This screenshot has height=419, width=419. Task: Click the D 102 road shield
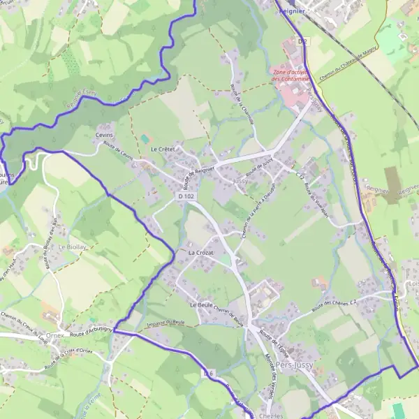pyautogui.click(x=185, y=197)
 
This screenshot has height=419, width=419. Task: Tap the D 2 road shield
pyautogui.click(x=302, y=42)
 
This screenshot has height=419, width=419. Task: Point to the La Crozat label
pyautogui.click(x=200, y=251)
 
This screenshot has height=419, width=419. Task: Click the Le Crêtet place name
pyautogui.click(x=162, y=149)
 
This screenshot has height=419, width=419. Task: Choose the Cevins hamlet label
pyautogui.click(x=104, y=135)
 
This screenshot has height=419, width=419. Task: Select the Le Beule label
pyautogui.click(x=201, y=305)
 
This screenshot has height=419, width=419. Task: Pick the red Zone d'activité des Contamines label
pyautogui.click(x=291, y=75)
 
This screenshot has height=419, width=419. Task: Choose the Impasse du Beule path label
pyautogui.click(x=166, y=325)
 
